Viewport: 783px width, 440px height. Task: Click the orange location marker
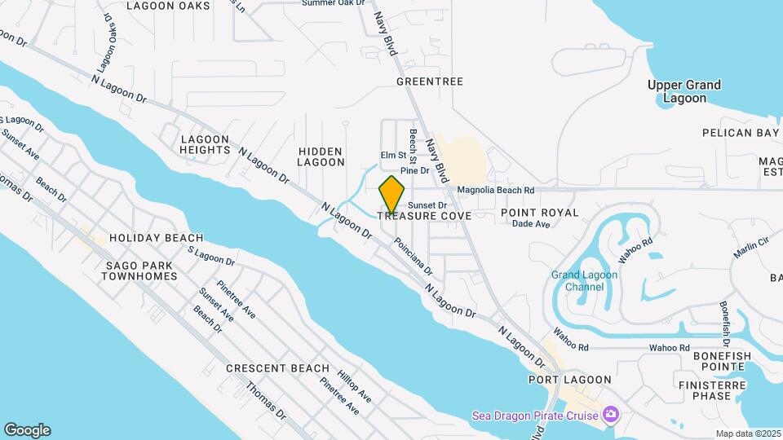(392, 195)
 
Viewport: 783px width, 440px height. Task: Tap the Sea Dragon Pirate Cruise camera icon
(610, 416)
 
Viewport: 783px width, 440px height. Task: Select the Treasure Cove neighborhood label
(423, 215)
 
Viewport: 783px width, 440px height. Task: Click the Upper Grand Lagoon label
(684, 91)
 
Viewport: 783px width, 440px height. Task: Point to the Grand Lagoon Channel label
(584, 281)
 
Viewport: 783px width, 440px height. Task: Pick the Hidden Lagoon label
(321, 156)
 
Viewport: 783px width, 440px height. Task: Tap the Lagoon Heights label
(206, 144)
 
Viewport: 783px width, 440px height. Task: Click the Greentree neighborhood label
(429, 81)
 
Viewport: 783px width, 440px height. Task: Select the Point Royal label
(539, 213)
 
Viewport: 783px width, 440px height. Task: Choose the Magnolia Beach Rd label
(495, 190)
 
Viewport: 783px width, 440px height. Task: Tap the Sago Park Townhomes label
(139, 271)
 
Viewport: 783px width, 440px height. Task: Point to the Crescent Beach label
(277, 368)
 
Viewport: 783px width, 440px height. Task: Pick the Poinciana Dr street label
(413, 256)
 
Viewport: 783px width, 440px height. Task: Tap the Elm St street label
(393, 155)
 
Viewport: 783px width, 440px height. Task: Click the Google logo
(27, 430)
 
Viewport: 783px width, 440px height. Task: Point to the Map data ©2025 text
(747, 433)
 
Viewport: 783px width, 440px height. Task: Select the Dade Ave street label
(531, 224)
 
